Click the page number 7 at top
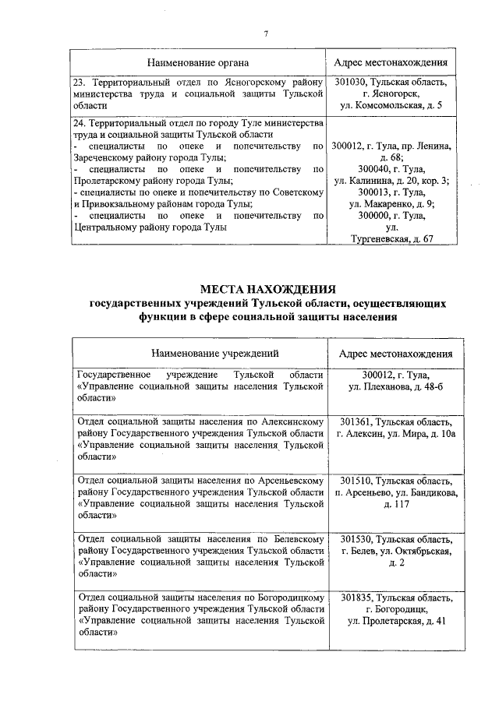267,33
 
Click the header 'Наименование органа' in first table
199,62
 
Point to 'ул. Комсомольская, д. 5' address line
392,105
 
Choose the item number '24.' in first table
79,123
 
